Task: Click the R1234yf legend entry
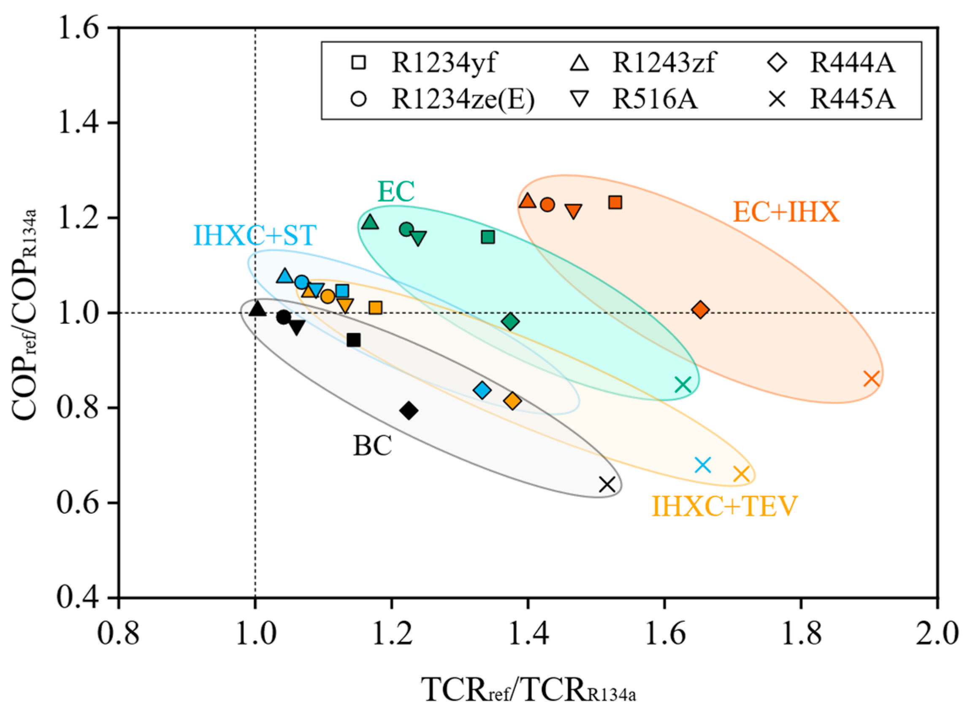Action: pos(423,63)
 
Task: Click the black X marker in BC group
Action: pos(607,484)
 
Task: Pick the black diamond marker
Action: pos(409,410)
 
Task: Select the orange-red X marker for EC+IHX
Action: pos(872,379)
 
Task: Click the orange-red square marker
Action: pos(615,202)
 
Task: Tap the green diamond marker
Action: pos(510,322)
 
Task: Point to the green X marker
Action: pos(683,384)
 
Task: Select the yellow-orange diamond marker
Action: pos(512,401)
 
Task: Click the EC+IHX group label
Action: pos(786,213)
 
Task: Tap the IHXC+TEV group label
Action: pos(724,506)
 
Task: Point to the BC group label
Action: pos(372,445)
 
